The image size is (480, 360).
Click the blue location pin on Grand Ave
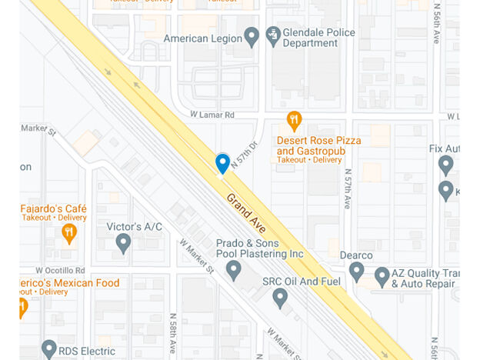coord(222,162)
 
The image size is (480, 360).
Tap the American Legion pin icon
coord(252,36)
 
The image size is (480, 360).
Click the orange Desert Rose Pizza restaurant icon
coord(294,120)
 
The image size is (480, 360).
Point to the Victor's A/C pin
coord(123,243)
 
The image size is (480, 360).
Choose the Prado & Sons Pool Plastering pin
coord(234,270)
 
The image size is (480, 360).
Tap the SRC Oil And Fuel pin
coord(280,298)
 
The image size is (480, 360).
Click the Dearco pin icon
coord(356,271)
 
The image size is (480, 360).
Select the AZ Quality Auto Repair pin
coord(382,277)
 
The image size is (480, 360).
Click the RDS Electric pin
coord(49,350)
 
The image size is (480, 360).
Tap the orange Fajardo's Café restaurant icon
coord(69,233)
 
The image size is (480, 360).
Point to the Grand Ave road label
coord(246,212)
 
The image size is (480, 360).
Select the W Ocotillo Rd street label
coord(60,270)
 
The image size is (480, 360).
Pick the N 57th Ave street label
coord(348,189)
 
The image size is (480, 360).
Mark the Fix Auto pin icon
coord(445,164)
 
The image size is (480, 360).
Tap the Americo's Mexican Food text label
coord(69,283)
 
